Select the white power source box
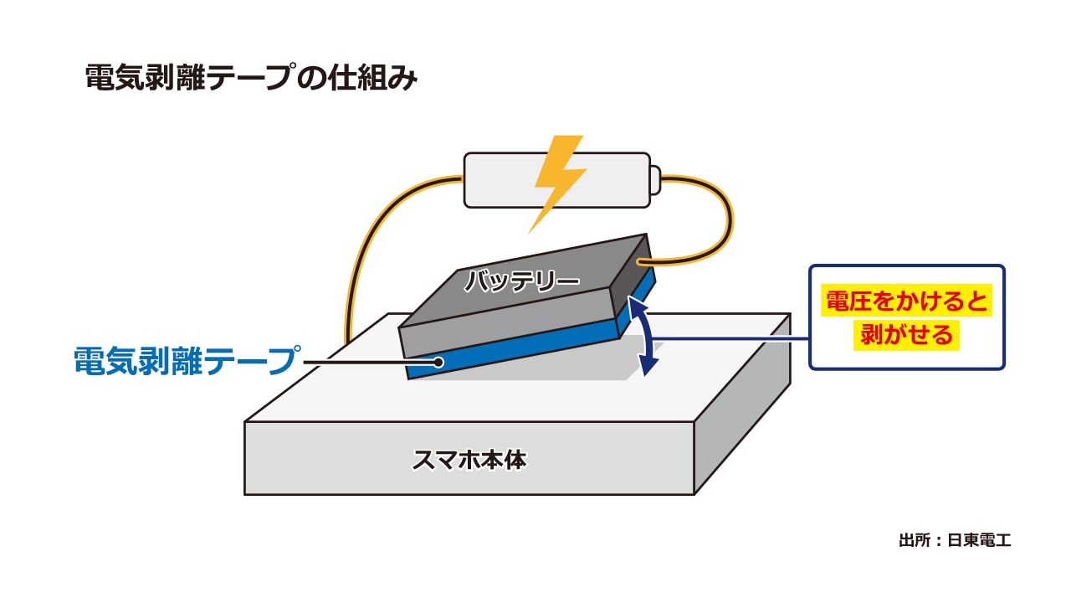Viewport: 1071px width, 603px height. tap(502, 180)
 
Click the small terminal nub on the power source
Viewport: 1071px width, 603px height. tap(655, 178)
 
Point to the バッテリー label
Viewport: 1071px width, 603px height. tap(522, 281)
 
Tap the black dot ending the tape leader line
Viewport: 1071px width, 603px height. tap(437, 362)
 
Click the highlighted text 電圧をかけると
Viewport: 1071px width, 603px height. tap(906, 302)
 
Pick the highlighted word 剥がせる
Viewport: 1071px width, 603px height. tap(906, 336)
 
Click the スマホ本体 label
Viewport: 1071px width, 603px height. tap(469, 460)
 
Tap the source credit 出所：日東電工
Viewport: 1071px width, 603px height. tap(955, 540)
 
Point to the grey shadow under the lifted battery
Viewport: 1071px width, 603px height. tap(586, 368)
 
